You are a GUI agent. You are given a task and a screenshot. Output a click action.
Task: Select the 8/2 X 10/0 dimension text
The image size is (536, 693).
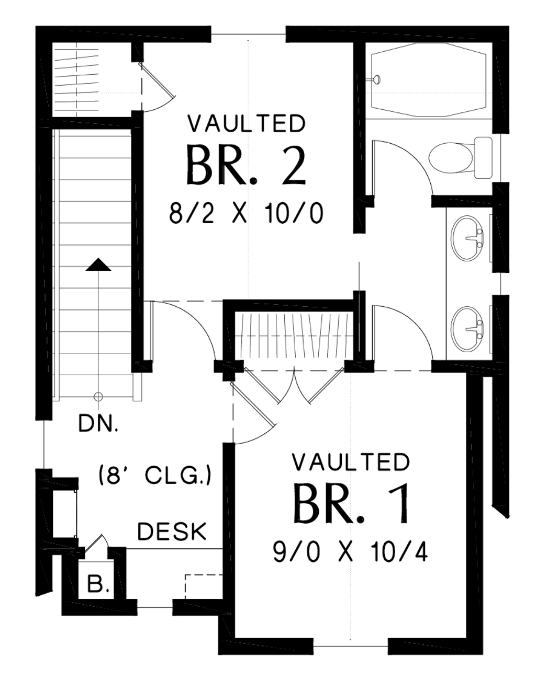click(246, 213)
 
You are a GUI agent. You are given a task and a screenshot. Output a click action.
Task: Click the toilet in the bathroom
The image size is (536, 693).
click(460, 157)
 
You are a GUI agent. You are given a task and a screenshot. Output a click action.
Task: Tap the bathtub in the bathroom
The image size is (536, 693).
click(429, 80)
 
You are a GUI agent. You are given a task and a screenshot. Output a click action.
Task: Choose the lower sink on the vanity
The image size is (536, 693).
click(467, 329)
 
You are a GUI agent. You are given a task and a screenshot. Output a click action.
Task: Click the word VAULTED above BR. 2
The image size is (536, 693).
click(247, 124)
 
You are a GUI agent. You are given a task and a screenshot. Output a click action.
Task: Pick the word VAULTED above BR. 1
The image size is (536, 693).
click(350, 463)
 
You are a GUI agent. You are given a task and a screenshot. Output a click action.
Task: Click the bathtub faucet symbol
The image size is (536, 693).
click(376, 79)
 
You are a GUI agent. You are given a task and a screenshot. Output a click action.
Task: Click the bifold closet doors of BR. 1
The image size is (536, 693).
click(294, 385)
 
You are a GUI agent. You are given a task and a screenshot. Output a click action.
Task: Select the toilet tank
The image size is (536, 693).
click(483, 157)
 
